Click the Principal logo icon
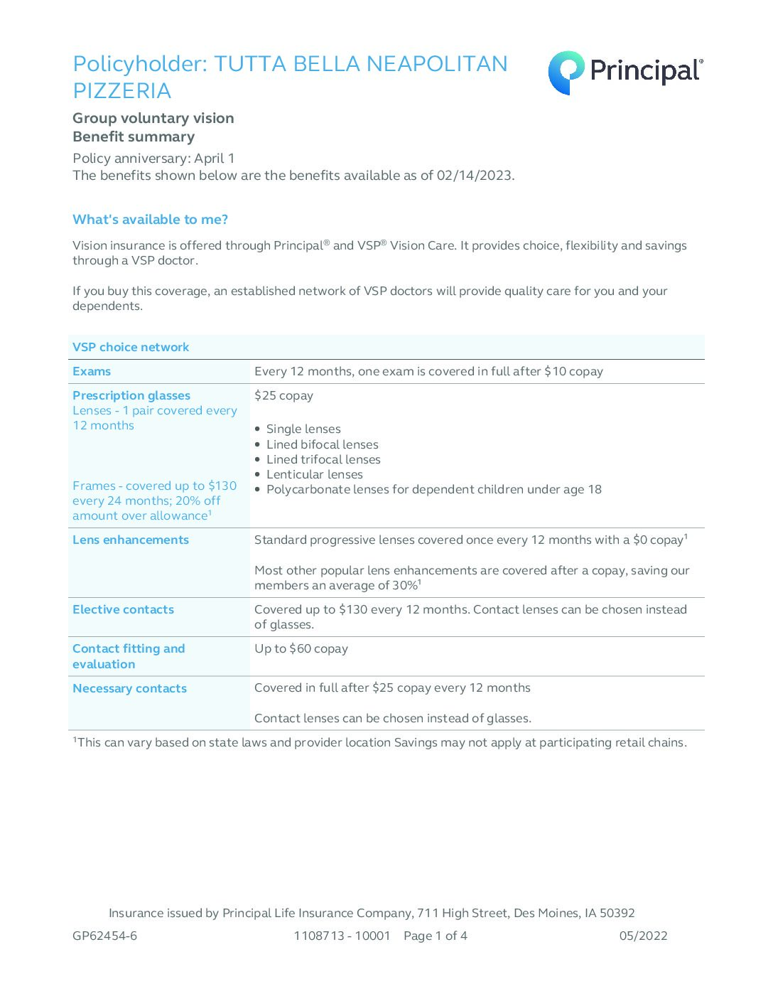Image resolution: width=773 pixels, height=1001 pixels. pyautogui.click(x=566, y=72)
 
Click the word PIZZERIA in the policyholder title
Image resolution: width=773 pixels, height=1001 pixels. pyautogui.click(x=122, y=91)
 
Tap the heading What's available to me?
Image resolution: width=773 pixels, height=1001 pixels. pyautogui.click(x=151, y=220)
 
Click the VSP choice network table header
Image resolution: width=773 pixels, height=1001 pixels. pyautogui.click(x=131, y=347)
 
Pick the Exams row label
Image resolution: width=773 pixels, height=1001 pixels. pyautogui.click(x=92, y=371)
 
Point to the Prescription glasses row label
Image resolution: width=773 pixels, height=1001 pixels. pyautogui.click(x=131, y=395)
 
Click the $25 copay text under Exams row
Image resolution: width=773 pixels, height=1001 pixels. pyautogui.click(x=283, y=395)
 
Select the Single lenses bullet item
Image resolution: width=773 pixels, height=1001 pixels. pyautogui.click(x=303, y=429)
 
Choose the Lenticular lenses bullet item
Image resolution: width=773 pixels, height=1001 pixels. pyautogui.click(x=314, y=474)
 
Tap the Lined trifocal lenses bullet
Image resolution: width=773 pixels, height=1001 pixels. pyautogui.click(x=323, y=459)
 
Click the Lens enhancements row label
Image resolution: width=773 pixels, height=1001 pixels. pyautogui.click(x=131, y=540)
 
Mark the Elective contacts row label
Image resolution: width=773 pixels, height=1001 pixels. pyautogui.click(x=123, y=609)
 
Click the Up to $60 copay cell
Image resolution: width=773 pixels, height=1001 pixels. pyautogui.click(x=301, y=648)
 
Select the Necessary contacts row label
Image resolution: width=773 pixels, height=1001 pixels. pyautogui.click(x=129, y=688)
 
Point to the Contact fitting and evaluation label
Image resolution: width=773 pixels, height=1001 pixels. pyautogui.click(x=129, y=656)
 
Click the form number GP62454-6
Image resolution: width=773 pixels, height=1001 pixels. pyautogui.click(x=105, y=936)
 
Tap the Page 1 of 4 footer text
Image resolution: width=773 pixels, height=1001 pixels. pyautogui.click(x=436, y=936)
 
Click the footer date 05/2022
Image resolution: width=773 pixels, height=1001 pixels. pyautogui.click(x=643, y=936)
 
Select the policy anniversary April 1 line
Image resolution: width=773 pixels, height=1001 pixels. pyautogui.click(x=153, y=158)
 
